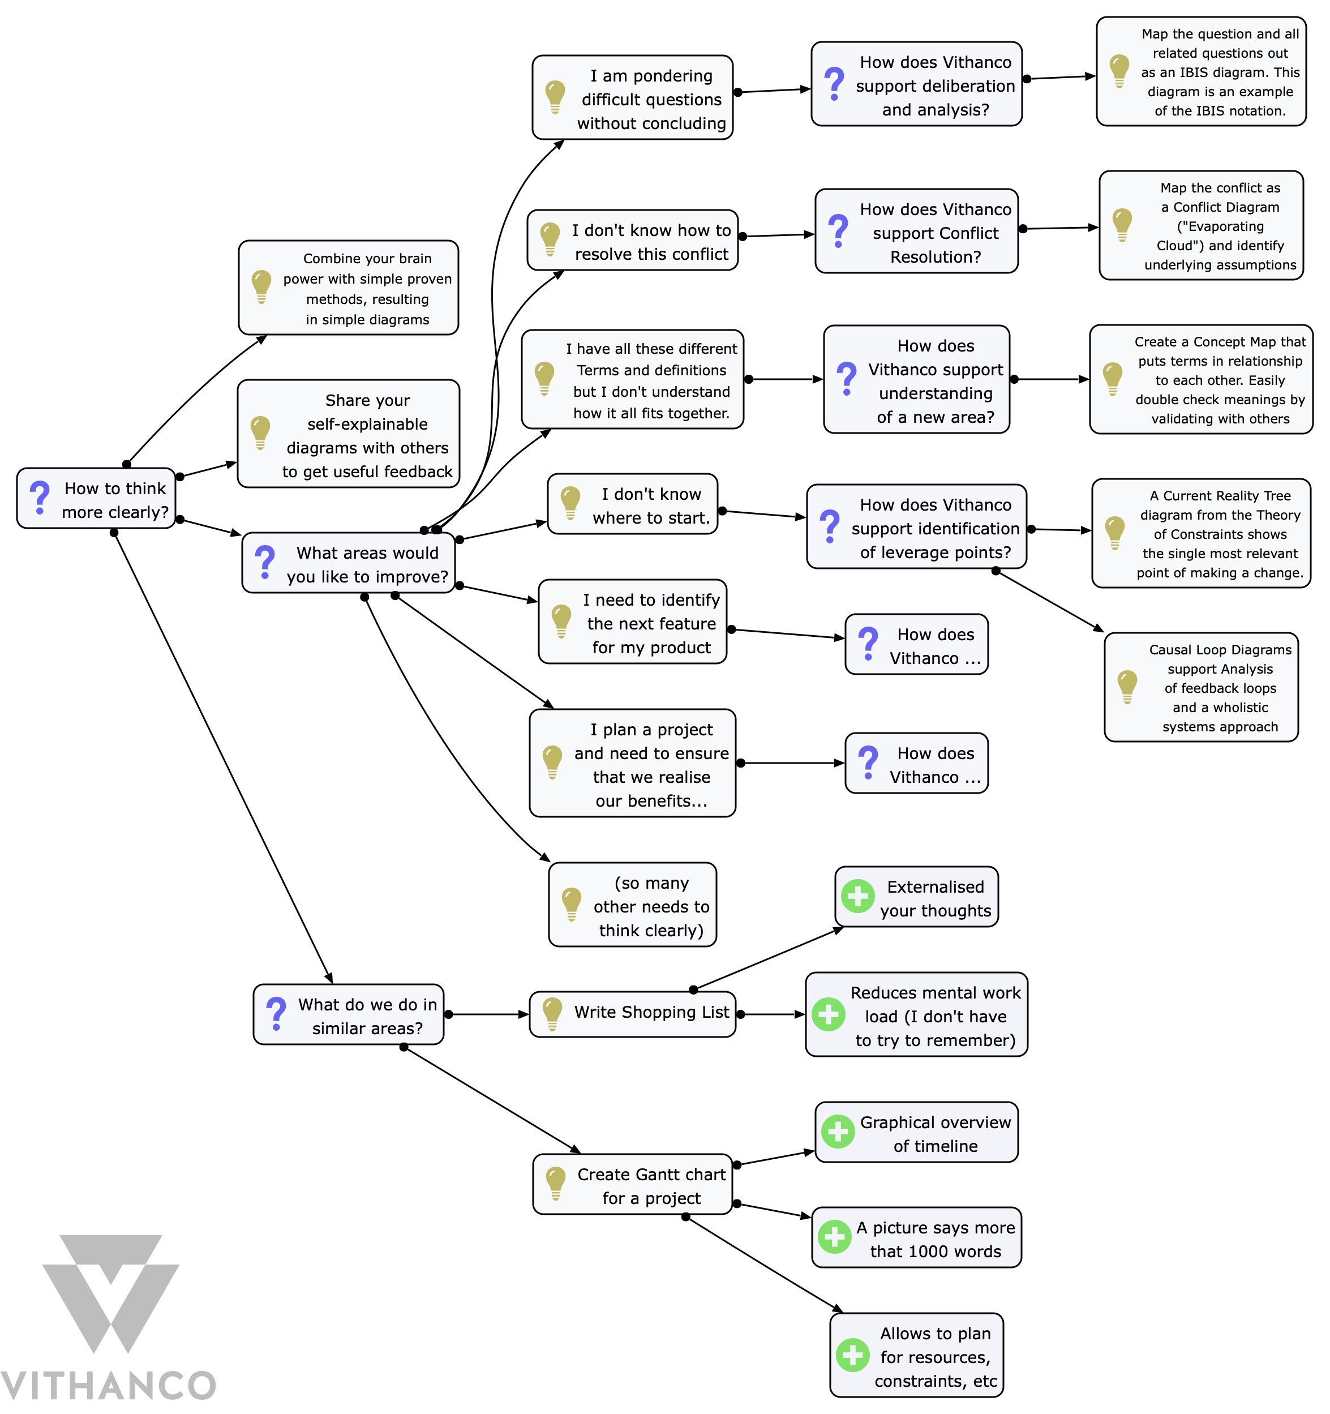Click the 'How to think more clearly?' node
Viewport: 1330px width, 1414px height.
click(x=96, y=499)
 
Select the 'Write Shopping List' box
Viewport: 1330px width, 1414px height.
click(x=632, y=1014)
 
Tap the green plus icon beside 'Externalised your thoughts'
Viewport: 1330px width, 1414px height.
click(x=858, y=897)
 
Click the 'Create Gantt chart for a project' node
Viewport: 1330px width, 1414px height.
click(x=632, y=1184)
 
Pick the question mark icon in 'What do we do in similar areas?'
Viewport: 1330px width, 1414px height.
click(x=276, y=1014)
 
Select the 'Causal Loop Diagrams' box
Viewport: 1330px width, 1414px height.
click(x=1202, y=688)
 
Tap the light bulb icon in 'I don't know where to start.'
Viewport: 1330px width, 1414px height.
click(x=570, y=504)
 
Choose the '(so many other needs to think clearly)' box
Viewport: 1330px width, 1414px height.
click(x=632, y=905)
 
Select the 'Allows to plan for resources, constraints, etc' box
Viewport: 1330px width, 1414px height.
click(x=916, y=1356)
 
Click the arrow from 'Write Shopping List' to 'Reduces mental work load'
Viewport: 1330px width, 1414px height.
click(x=772, y=1014)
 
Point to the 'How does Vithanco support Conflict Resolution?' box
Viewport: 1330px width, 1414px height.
click(x=916, y=231)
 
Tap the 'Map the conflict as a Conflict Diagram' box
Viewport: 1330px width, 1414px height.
click(x=1202, y=225)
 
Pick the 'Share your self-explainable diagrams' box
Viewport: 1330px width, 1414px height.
click(x=349, y=434)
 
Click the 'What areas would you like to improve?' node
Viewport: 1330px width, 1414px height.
click(x=349, y=563)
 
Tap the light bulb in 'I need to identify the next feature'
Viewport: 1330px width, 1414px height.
click(x=561, y=621)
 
